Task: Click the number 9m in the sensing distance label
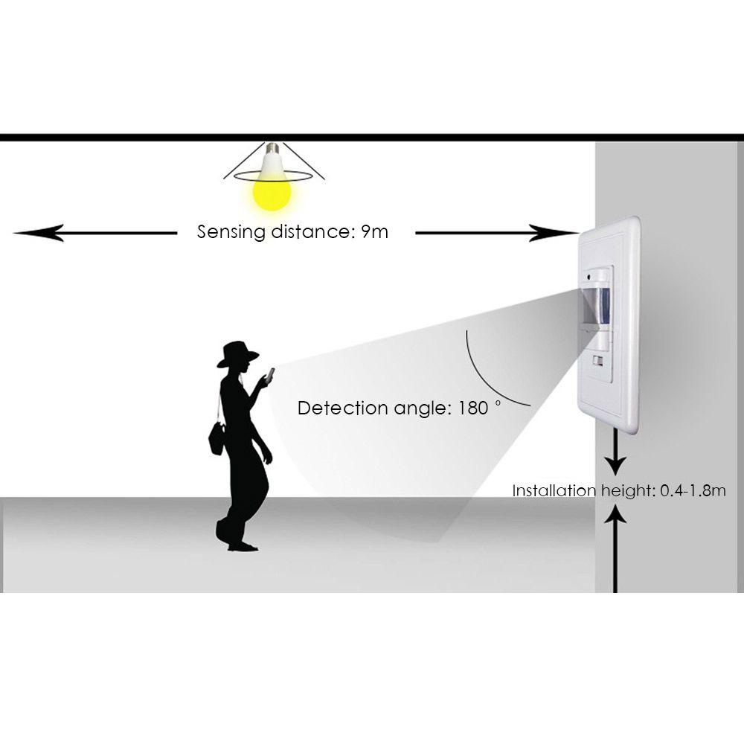(x=374, y=231)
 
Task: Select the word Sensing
(x=231, y=232)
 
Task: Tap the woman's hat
(x=237, y=354)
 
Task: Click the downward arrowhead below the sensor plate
(x=615, y=467)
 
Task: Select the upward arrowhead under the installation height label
(x=615, y=513)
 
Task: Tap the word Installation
(x=554, y=490)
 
